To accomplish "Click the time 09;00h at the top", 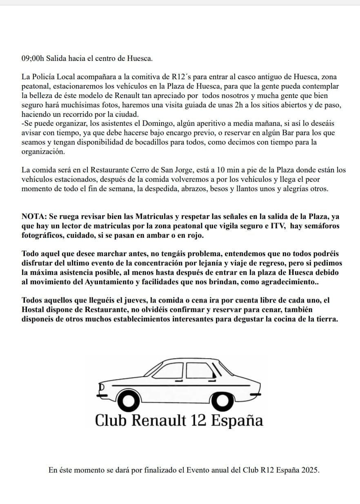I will (x=32, y=58).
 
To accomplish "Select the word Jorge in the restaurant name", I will (x=189, y=170).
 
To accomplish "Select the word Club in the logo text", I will (x=109, y=420).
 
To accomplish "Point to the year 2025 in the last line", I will (x=309, y=470).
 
